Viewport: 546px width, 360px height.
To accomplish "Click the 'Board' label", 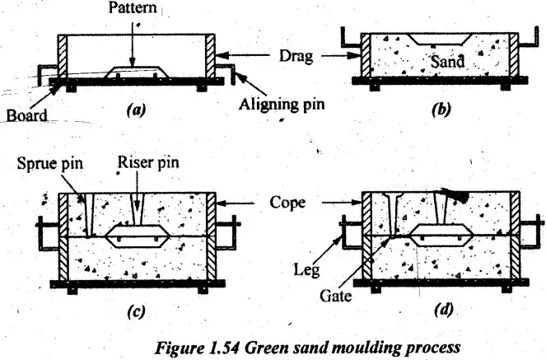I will point(27,116).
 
